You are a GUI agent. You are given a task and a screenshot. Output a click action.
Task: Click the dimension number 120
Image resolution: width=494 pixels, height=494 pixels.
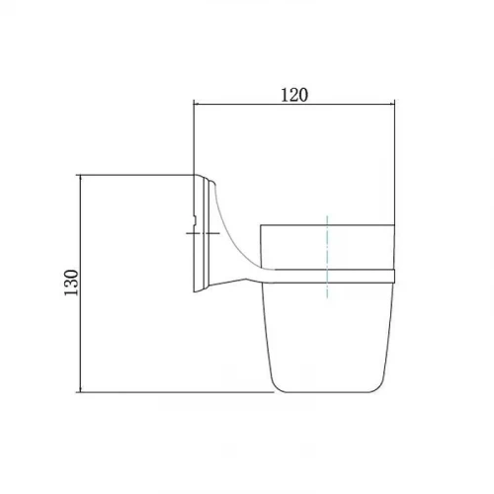click(x=294, y=95)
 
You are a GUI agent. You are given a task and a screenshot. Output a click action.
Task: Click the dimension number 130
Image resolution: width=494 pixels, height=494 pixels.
click(x=71, y=283)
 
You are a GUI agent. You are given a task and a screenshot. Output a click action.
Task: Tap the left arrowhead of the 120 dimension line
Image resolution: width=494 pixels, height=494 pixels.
click(x=197, y=105)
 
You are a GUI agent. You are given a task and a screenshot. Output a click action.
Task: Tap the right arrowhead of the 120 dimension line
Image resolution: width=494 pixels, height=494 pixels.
click(x=391, y=105)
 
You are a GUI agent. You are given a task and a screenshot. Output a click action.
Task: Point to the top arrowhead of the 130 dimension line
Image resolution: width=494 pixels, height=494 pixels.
click(x=80, y=179)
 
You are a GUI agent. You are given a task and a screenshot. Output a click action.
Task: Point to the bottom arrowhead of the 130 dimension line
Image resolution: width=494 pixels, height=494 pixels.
click(x=80, y=388)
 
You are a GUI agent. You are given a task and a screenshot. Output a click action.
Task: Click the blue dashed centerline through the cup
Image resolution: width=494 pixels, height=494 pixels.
click(x=327, y=257)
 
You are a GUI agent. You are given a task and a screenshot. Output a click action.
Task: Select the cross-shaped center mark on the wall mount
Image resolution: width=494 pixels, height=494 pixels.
click(x=203, y=233)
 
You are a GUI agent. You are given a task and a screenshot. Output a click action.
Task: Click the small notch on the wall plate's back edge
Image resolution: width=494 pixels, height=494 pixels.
click(x=196, y=220)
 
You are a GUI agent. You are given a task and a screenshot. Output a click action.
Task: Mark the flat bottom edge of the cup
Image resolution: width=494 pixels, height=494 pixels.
click(x=327, y=392)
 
